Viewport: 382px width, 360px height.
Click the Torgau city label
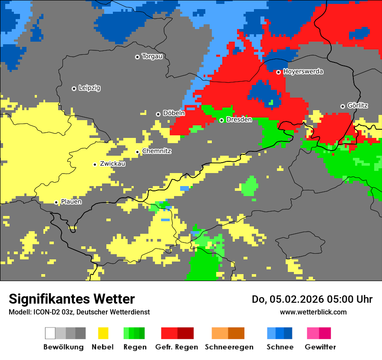tap(152, 56)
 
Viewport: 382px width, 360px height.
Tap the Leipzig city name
tap(89, 88)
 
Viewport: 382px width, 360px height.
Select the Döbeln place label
tap(174, 113)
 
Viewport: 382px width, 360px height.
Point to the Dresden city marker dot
tap(221, 120)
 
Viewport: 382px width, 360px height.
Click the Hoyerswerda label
tap(303, 72)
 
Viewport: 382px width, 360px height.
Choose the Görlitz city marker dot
tap(342, 106)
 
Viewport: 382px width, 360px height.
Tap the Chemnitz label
tap(157, 151)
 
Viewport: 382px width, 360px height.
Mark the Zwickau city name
tap(112, 164)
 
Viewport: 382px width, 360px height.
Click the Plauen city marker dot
tap(56, 203)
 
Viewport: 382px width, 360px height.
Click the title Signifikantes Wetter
tap(72, 299)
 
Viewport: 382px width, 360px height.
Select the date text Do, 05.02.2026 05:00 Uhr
tap(312, 299)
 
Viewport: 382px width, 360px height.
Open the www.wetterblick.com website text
tap(313, 312)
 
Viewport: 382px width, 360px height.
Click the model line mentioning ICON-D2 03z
tap(79, 312)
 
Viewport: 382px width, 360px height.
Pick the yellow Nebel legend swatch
tap(103, 333)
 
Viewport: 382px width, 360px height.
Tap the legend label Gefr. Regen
tap(177, 347)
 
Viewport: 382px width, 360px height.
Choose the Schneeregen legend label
tap(229, 347)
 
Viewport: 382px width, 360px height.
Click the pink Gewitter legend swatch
tap(313, 333)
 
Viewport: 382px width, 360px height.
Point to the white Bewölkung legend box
tap(50, 333)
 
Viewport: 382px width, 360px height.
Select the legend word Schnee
tap(280, 347)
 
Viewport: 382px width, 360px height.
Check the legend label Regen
tap(134, 347)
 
